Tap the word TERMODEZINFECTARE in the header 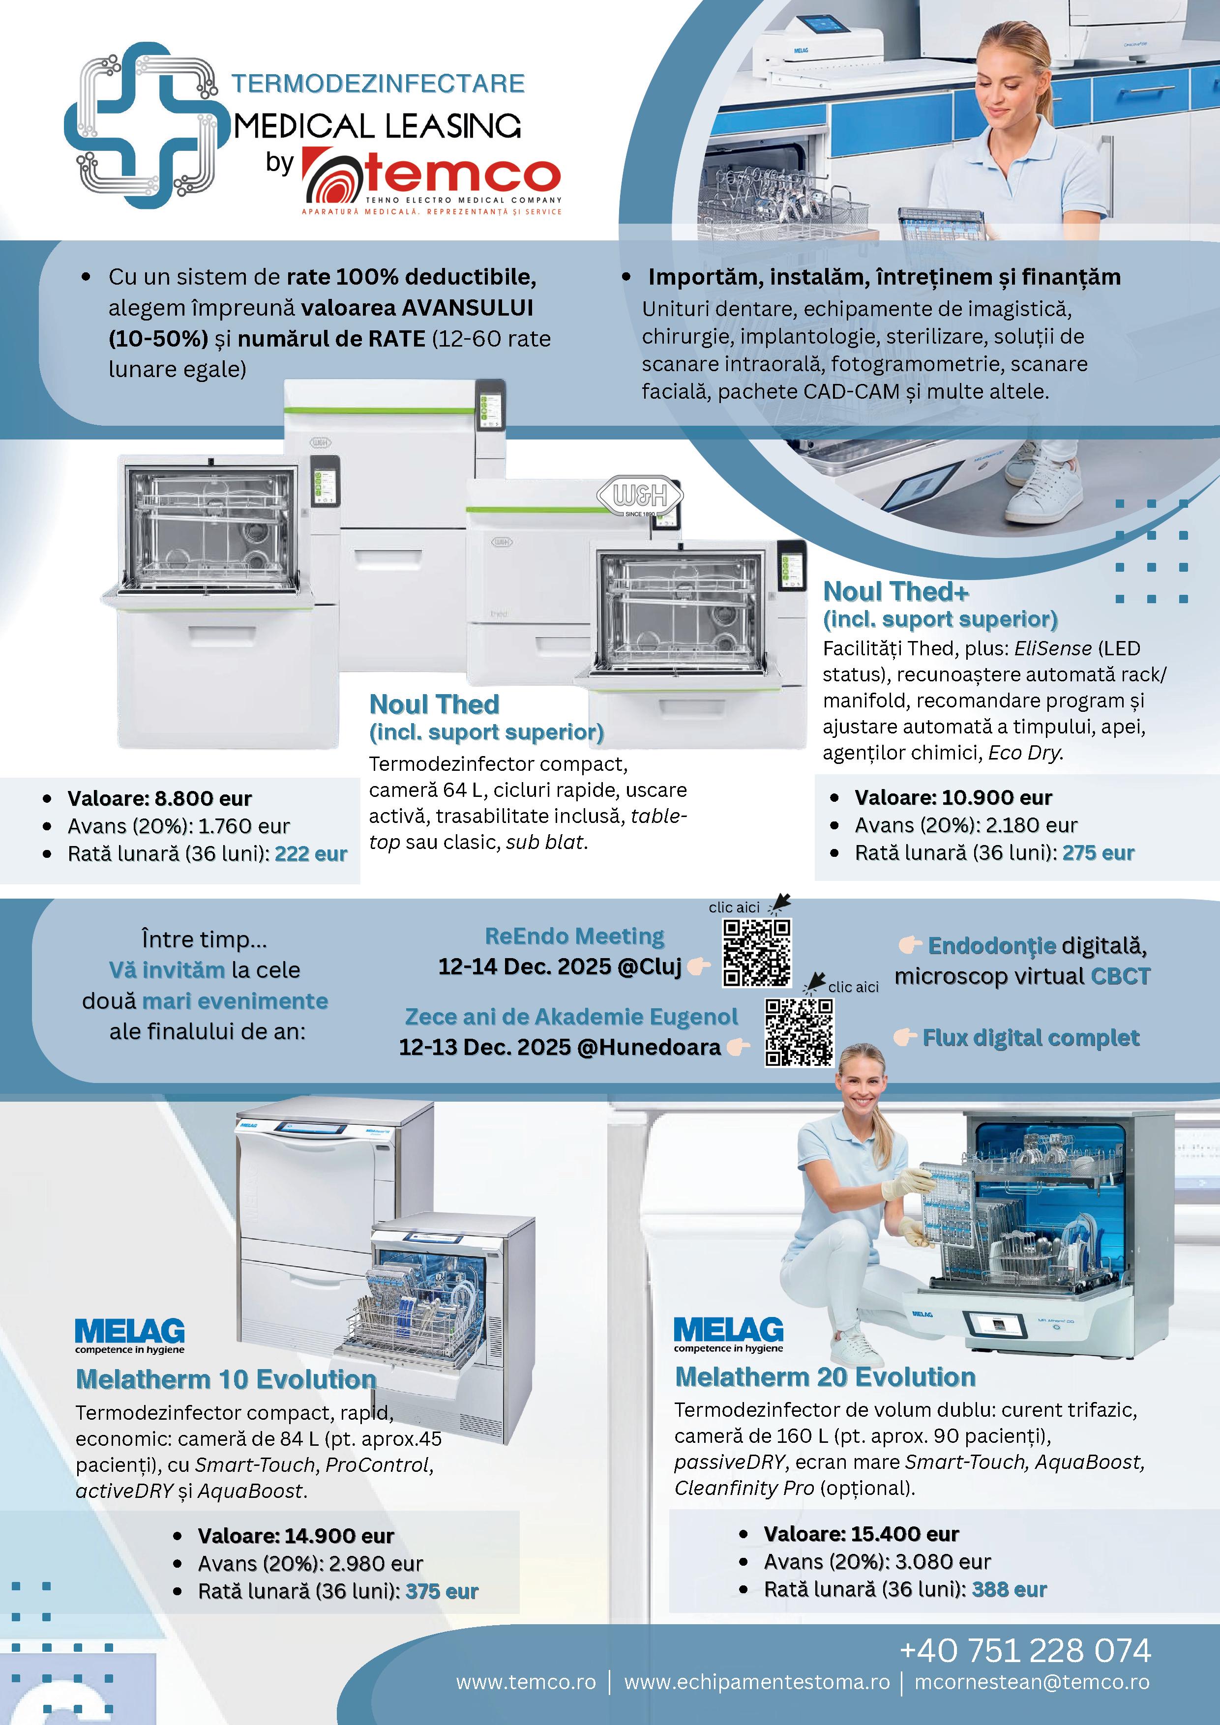377,84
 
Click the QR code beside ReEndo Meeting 756,953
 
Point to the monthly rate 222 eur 310,854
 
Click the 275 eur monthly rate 1098,853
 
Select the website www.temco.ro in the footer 526,1681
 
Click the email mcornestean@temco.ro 1031,1681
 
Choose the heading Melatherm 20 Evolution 825,1376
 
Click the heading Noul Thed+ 896,592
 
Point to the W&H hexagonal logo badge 640,495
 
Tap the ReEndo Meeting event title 574,936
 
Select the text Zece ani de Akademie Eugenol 571,1017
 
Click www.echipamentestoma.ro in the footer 756,1681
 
